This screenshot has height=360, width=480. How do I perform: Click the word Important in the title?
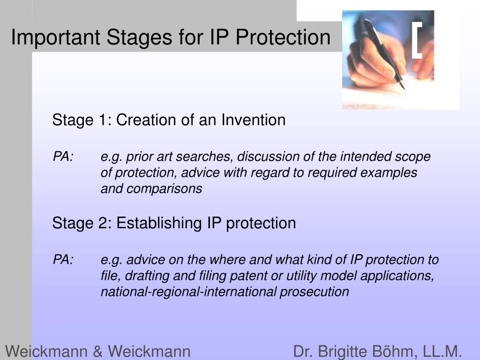(x=55, y=37)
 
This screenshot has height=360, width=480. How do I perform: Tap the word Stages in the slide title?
(x=139, y=37)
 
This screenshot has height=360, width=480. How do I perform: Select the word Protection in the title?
(x=283, y=37)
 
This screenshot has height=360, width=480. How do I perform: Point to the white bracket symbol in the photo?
(x=416, y=40)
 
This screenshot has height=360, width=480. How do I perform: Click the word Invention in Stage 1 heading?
(x=254, y=120)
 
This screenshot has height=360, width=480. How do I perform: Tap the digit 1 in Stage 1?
(x=103, y=120)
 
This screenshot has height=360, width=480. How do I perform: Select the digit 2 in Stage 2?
(x=103, y=223)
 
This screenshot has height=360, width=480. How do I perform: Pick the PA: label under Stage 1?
(x=63, y=157)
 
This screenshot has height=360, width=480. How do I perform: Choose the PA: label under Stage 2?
(x=63, y=260)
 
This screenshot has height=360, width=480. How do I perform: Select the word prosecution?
(x=315, y=292)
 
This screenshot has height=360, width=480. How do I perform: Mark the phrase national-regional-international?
(x=188, y=292)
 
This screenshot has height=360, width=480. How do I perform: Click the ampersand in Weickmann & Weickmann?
(x=97, y=352)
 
